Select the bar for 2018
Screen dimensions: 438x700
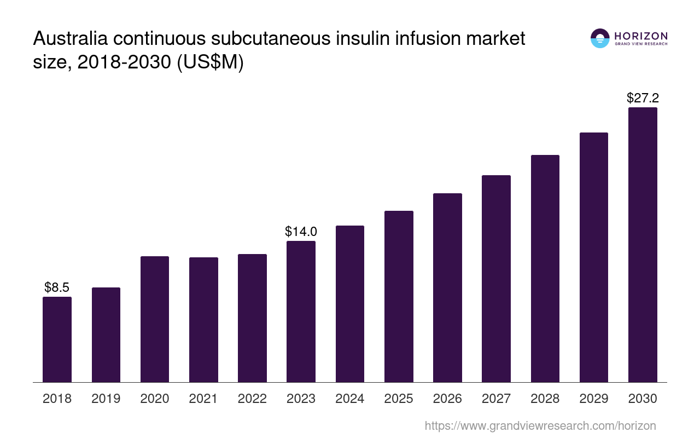(57, 339)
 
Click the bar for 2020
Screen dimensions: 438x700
(155, 319)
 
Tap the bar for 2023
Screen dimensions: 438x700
(301, 312)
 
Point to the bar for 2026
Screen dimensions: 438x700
(447, 287)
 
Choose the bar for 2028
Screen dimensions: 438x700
(545, 268)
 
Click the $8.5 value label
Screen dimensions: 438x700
(57, 287)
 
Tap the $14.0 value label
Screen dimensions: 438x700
(301, 232)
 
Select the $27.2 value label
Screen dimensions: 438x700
(643, 99)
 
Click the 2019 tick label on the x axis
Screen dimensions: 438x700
(106, 399)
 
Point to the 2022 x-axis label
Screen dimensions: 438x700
(252, 399)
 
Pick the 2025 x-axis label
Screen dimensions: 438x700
(399, 399)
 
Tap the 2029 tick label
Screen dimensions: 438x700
(594, 399)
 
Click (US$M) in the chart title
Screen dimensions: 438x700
(210, 62)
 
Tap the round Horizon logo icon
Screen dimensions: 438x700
(600, 38)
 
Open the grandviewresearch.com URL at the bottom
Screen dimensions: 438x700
(540, 425)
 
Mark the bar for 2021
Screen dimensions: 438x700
(203, 320)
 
